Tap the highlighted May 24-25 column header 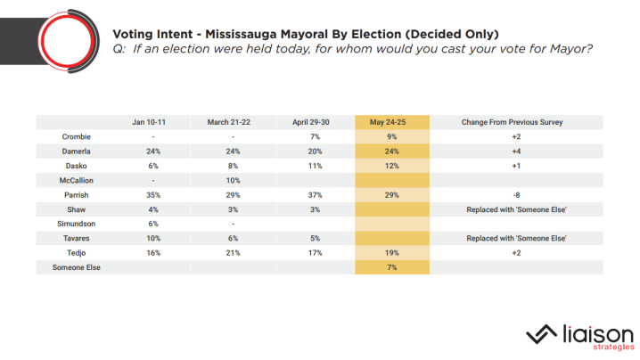pyautogui.click(x=392, y=121)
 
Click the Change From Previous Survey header pyautogui.click(x=517, y=121)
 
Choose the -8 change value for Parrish pyautogui.click(x=517, y=195)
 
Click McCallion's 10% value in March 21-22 pyautogui.click(x=232, y=181)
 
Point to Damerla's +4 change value pyautogui.click(x=517, y=151)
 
